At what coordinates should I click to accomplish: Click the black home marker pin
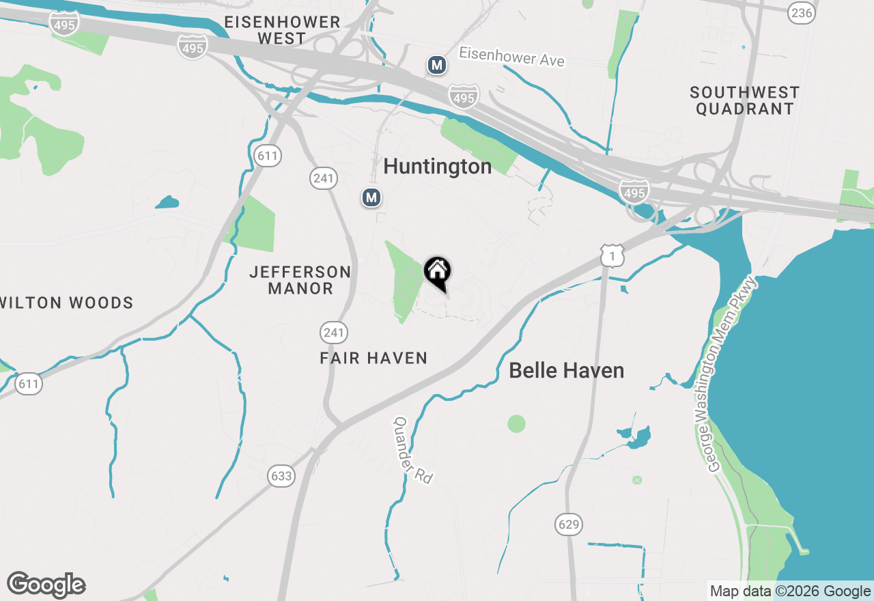click(437, 272)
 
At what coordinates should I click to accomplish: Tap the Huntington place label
click(437, 167)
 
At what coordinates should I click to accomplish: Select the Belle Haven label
click(566, 371)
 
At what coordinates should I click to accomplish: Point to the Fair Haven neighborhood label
click(373, 358)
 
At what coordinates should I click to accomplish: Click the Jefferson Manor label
click(300, 280)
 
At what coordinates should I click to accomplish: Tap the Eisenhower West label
click(282, 30)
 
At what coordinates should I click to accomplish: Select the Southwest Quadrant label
click(744, 100)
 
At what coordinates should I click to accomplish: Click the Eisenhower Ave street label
click(511, 57)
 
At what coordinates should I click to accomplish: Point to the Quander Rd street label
click(412, 451)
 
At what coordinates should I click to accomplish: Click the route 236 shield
click(801, 12)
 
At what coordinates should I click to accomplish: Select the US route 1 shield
click(612, 255)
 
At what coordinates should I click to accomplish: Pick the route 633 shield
click(281, 476)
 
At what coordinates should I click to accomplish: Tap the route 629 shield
click(568, 525)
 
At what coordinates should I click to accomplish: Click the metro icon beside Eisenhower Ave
click(437, 66)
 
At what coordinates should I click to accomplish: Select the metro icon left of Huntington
click(371, 198)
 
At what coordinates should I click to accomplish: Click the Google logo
click(46, 585)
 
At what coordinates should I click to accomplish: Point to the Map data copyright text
click(789, 591)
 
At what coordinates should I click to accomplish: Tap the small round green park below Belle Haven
click(517, 423)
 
